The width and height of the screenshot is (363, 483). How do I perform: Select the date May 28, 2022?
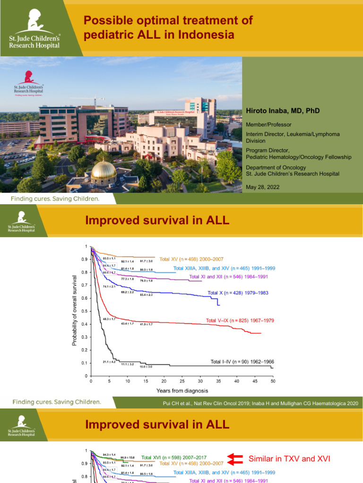tap(262, 187)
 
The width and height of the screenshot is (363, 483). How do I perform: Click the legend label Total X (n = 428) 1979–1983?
tap(238, 293)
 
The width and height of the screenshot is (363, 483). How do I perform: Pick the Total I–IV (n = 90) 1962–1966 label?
tap(242, 362)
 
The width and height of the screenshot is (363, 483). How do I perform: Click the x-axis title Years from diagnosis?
tap(182, 391)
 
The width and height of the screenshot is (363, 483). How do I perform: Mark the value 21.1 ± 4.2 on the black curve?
tap(109, 362)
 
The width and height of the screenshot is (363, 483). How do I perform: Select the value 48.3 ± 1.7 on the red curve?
tap(109, 319)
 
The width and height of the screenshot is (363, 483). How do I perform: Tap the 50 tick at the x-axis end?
tap(273, 381)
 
